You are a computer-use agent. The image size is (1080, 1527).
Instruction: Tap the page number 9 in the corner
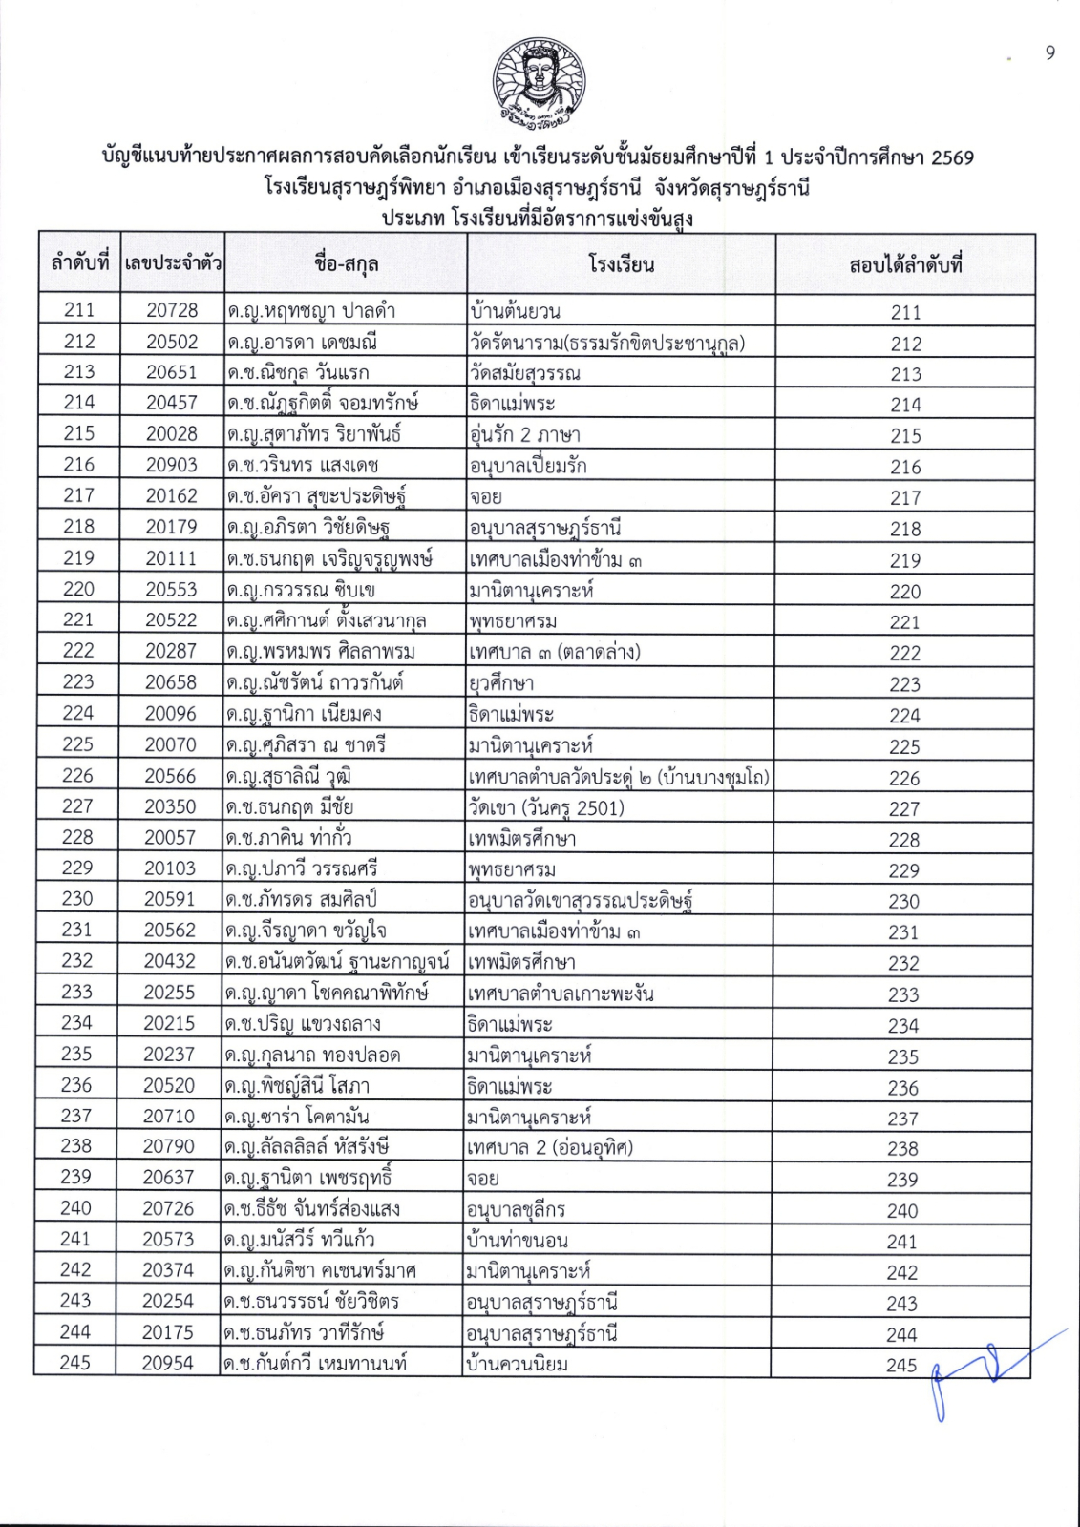(1050, 53)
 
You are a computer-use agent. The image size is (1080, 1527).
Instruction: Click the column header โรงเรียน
(621, 264)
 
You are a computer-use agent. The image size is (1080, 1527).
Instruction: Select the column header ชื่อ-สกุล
(346, 264)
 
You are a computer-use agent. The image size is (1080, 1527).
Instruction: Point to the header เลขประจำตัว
(173, 262)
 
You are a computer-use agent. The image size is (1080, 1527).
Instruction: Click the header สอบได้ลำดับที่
(904, 264)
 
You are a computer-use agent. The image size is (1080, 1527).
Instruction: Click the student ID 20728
(173, 309)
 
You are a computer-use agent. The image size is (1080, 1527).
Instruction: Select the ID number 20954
(168, 1363)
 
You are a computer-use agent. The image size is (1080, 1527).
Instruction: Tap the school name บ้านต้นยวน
(515, 310)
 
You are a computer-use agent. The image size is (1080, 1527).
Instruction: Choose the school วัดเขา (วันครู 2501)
(546, 807)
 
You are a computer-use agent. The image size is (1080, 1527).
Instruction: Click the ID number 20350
(170, 806)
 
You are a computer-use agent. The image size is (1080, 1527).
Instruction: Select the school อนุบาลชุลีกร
(516, 1209)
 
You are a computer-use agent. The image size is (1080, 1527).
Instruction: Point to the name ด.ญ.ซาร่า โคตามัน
(297, 1116)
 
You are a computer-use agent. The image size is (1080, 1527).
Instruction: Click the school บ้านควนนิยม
(516, 1363)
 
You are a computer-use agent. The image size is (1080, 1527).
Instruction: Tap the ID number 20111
(171, 558)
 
